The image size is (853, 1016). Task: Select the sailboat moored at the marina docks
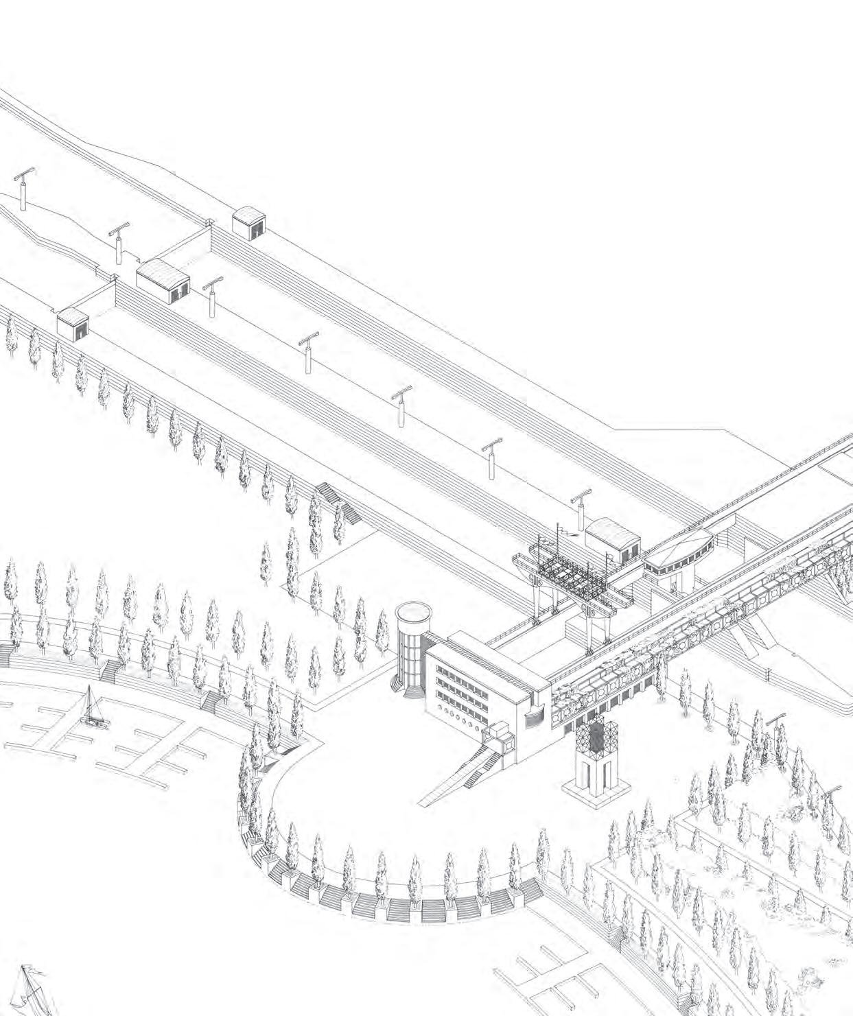coord(91,713)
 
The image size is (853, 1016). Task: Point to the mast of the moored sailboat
coord(91,701)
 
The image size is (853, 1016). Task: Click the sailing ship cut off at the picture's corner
coord(31,991)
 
